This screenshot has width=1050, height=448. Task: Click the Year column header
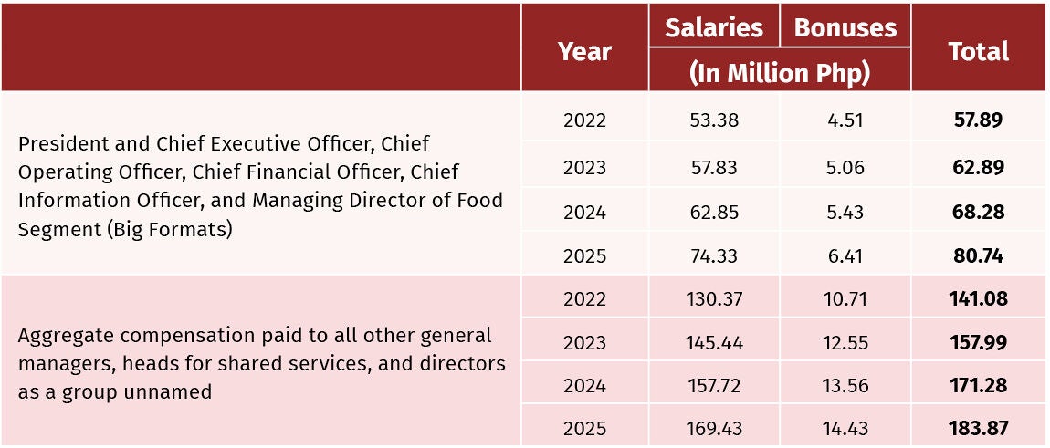pos(584,52)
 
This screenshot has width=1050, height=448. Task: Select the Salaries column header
pos(714,27)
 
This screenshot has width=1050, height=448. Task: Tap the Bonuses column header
pos(845,27)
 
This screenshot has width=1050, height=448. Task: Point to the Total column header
pos(979,52)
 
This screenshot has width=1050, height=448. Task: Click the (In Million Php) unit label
pos(780,73)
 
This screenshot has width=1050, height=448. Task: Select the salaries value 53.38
pos(714,120)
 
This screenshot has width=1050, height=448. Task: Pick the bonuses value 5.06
pos(845,167)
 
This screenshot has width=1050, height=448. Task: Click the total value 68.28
pos(979,213)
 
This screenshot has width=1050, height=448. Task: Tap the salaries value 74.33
pos(714,255)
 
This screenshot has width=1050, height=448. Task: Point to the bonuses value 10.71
pos(845,298)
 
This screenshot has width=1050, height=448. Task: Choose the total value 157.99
pos(979,342)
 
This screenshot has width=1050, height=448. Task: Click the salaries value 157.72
pos(714,386)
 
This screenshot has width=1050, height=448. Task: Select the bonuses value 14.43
pos(845,429)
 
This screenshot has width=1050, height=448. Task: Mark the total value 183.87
pos(979,429)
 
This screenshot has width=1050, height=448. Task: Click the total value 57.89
pos(979,120)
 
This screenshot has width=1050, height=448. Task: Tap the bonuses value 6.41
pos(845,255)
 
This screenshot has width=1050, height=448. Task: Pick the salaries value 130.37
pos(714,298)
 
